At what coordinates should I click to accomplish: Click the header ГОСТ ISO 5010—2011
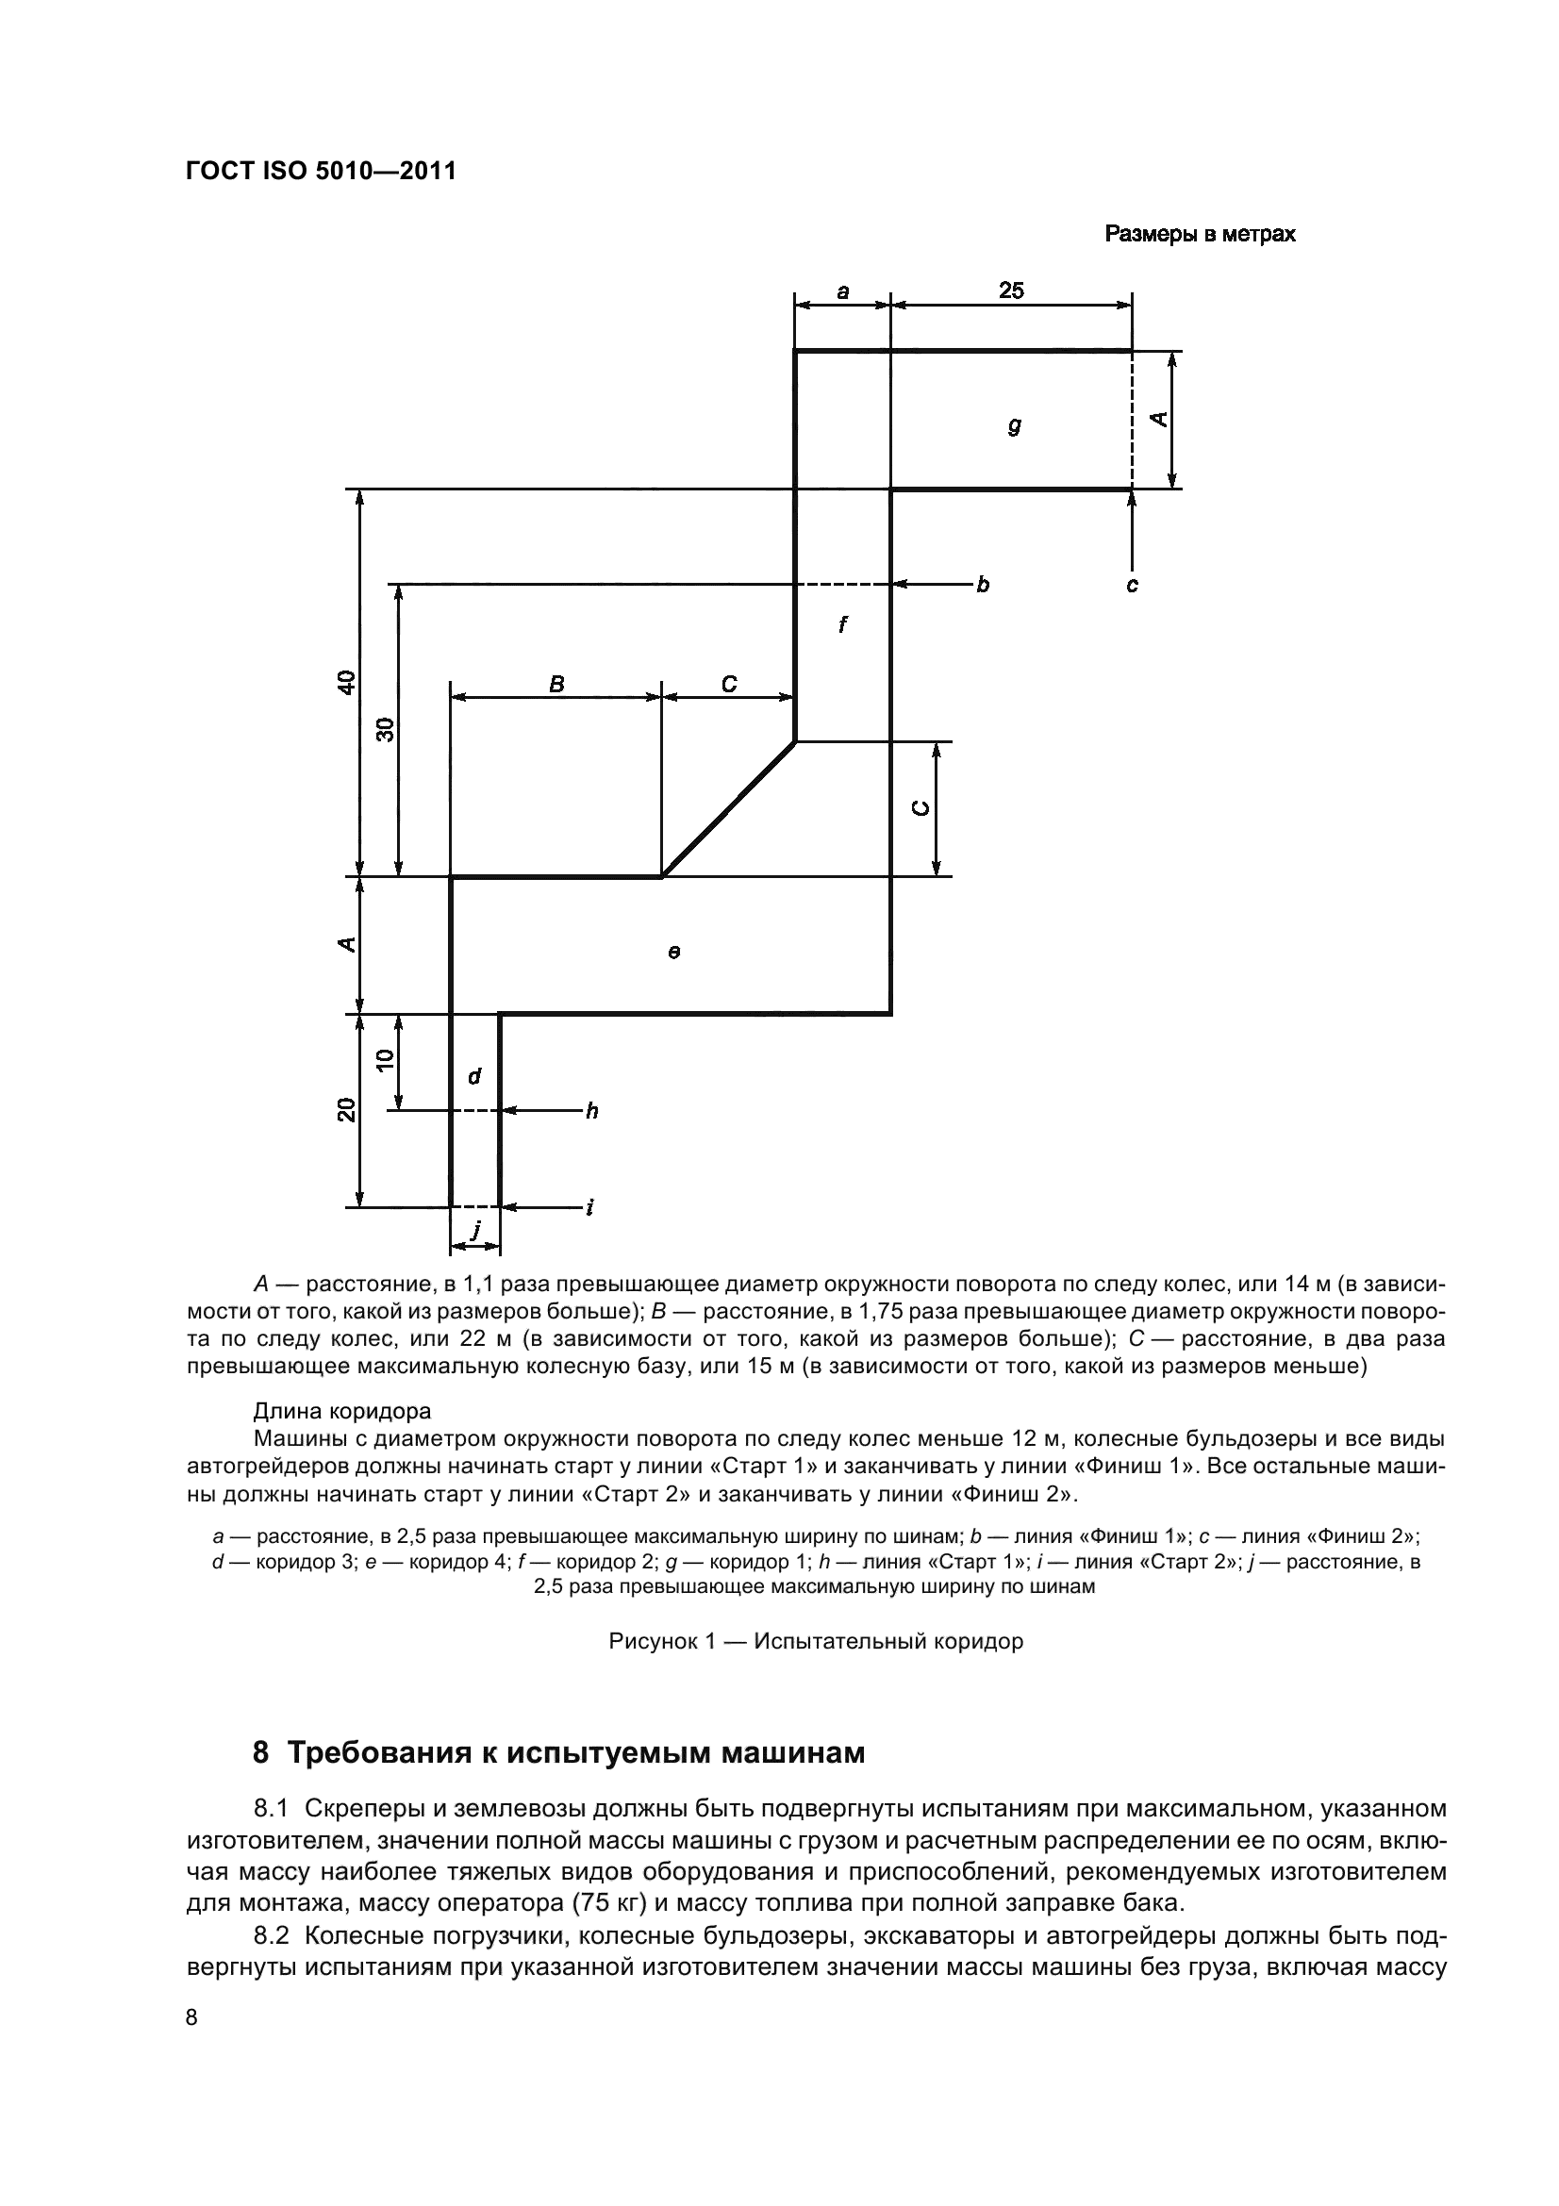(x=321, y=172)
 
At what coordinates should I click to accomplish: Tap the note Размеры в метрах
(x=1199, y=235)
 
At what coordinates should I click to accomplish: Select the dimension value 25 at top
(x=1010, y=290)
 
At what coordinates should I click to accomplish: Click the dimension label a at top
(x=842, y=291)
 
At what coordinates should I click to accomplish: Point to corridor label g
(x=1015, y=424)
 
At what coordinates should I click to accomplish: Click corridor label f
(x=842, y=625)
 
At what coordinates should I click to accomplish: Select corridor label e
(x=674, y=953)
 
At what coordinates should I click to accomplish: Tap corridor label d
(x=473, y=1077)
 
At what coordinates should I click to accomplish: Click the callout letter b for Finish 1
(x=983, y=584)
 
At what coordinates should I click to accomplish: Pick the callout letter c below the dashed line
(x=1132, y=585)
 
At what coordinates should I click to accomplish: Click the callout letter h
(x=591, y=1112)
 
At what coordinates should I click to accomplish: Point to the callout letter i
(x=589, y=1208)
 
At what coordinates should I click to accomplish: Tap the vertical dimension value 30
(x=385, y=730)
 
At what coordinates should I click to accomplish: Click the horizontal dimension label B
(x=556, y=684)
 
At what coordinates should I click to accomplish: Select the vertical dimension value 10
(x=385, y=1061)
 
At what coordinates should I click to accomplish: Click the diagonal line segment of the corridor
(x=728, y=809)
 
